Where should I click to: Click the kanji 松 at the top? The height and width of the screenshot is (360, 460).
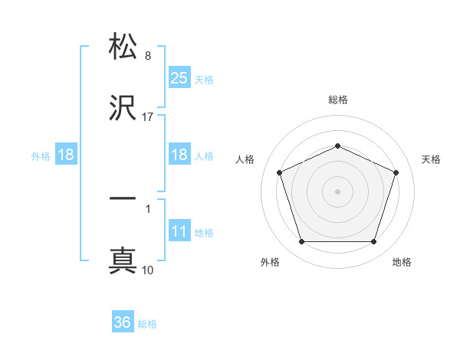coord(123,47)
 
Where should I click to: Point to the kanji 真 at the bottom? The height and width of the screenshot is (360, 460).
coord(123,260)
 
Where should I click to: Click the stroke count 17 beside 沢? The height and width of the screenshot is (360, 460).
coord(148,117)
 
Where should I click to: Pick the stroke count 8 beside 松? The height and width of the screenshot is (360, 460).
coord(148,56)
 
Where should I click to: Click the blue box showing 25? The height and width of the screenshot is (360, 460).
coord(179,77)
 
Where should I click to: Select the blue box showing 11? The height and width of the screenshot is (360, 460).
coord(179,232)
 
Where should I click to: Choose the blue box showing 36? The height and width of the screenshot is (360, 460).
coord(123,322)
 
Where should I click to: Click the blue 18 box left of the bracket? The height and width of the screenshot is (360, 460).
coord(66,155)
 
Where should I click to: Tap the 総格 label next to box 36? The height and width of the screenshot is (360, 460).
coord(147,324)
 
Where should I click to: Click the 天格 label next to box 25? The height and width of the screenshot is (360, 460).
coord(204,79)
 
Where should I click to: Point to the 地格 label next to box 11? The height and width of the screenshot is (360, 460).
coord(204,233)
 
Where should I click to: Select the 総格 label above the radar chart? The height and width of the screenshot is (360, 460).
coord(338,100)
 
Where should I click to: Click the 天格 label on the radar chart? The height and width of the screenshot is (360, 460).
coord(431,159)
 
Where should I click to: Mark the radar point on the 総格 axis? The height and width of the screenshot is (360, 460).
coord(337,146)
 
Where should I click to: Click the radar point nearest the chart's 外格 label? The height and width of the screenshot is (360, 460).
coord(301,242)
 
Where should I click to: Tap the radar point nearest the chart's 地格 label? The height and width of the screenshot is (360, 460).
coord(373,242)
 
